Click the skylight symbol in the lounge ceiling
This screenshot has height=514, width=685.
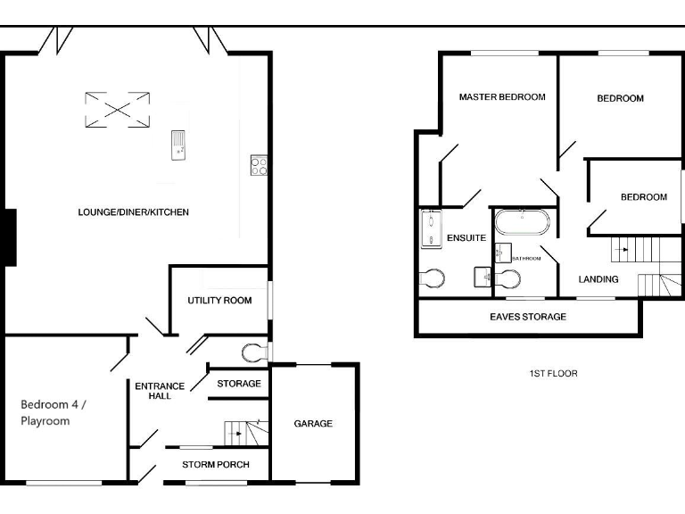pyautogui.click(x=117, y=110)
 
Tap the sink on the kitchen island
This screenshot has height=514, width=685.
pyautogui.click(x=178, y=143)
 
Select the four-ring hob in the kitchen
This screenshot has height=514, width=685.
pyautogui.click(x=260, y=165)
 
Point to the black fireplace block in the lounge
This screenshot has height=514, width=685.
pyautogui.click(x=9, y=236)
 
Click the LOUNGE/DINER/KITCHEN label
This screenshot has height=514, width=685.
pyautogui.click(x=133, y=212)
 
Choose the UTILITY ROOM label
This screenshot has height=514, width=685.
pyautogui.click(x=219, y=301)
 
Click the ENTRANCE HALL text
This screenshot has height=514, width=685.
pyautogui.click(x=160, y=391)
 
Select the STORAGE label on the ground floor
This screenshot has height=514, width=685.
pyautogui.click(x=239, y=384)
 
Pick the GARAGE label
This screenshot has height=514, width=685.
pyautogui.click(x=313, y=423)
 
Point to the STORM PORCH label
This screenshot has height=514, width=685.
pyautogui.click(x=215, y=465)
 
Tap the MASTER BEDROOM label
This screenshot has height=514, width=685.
pyautogui.click(x=502, y=97)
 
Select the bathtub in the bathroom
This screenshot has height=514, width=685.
pyautogui.click(x=523, y=222)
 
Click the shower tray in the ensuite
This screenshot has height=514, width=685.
pyautogui.click(x=431, y=229)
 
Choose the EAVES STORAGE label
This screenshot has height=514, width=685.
pyautogui.click(x=528, y=317)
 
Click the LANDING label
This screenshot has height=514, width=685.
pyautogui.click(x=598, y=279)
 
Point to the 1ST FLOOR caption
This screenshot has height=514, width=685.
pyautogui.click(x=553, y=373)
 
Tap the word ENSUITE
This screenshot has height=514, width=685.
pyautogui.click(x=466, y=238)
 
